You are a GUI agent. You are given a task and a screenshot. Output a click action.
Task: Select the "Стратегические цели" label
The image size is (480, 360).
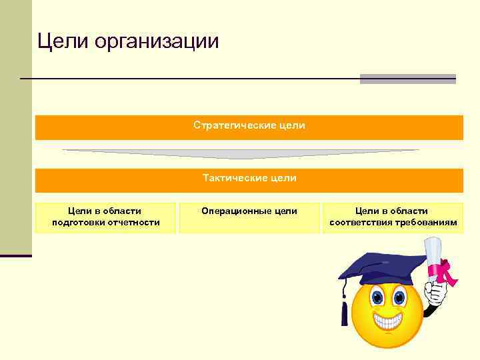pos(249,125)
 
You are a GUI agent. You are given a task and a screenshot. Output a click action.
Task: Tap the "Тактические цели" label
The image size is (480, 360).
pos(249,179)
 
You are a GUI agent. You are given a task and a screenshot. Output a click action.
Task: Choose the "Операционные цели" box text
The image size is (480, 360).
pos(249,211)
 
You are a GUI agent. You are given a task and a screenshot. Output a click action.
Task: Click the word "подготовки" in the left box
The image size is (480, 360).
pos(77,223)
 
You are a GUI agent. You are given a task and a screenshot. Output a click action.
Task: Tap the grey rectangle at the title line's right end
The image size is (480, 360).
pos(407,79)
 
